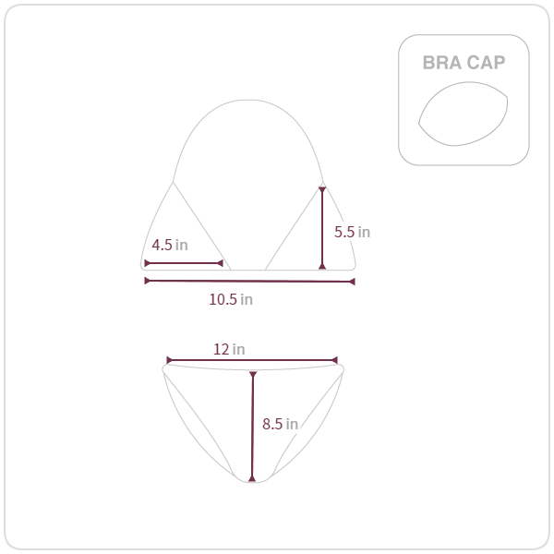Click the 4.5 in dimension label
170,245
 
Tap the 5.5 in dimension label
353,232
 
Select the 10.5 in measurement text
231,299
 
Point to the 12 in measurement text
229,349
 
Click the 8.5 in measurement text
280,424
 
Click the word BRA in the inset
442,63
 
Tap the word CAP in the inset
487,63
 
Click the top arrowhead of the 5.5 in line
322,190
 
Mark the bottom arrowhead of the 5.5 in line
322,266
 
